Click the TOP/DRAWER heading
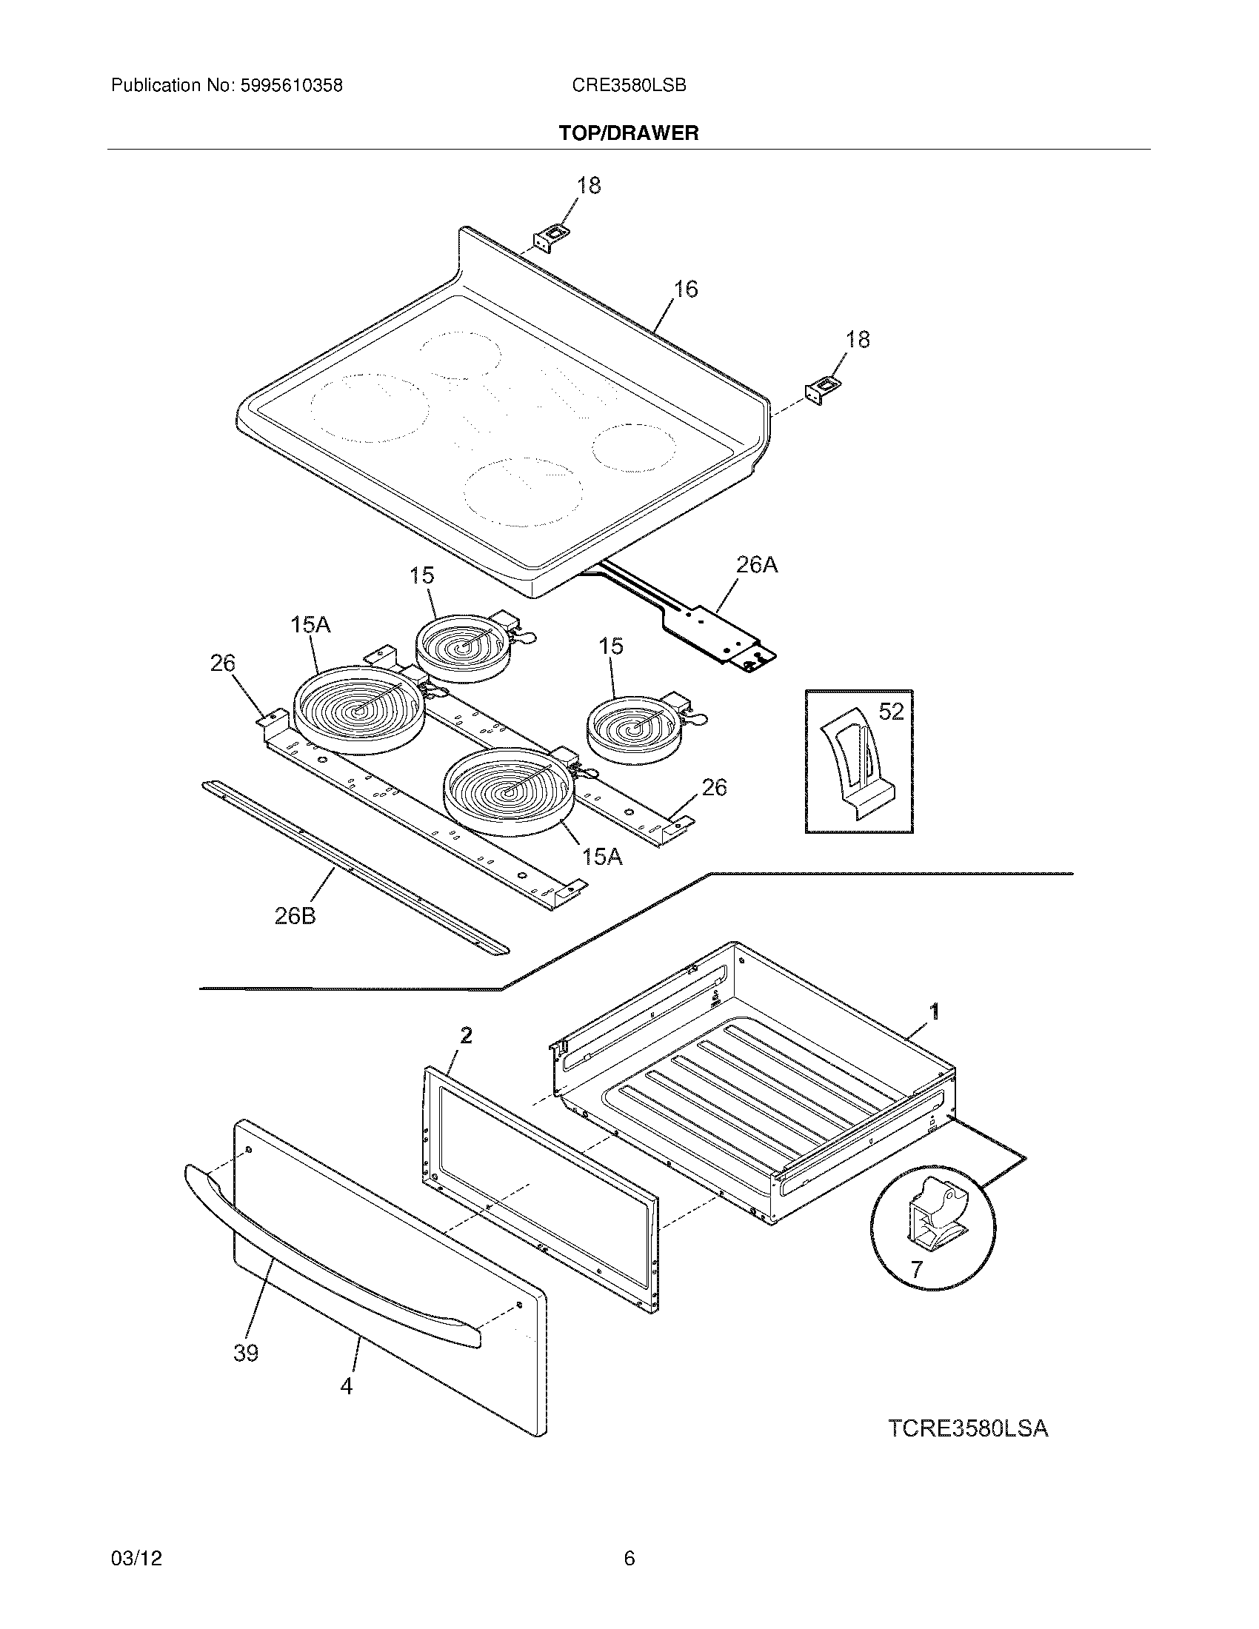629,133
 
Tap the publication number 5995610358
291,86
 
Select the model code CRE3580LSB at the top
629,86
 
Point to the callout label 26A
756,566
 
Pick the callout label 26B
295,916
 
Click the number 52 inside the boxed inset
890,712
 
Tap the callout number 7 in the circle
916,1268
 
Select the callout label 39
245,1352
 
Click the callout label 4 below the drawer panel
346,1386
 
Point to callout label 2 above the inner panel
465,1035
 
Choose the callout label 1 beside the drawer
933,1011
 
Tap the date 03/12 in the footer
136,1558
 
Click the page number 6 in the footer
629,1558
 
